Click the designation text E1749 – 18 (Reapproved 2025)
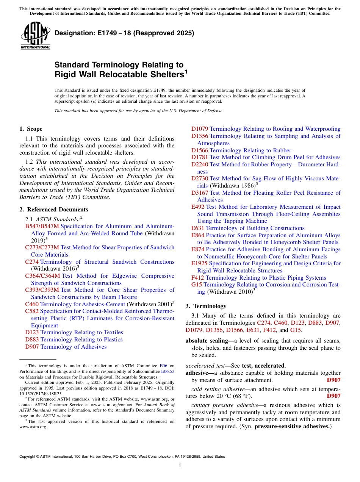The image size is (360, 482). coord(124,33)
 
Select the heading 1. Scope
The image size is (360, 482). coord(31,129)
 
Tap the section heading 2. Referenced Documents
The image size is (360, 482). coord(54,210)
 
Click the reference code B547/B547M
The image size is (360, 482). coord(42,226)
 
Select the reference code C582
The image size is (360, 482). coord(32,311)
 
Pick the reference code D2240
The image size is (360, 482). coord(200,164)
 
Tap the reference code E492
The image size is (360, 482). coord(198,207)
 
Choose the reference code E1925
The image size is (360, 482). coord(199,263)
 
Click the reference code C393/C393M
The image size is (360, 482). coord(42,290)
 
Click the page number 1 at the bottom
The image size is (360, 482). coord(180,466)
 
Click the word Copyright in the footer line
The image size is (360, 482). coord(29,457)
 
